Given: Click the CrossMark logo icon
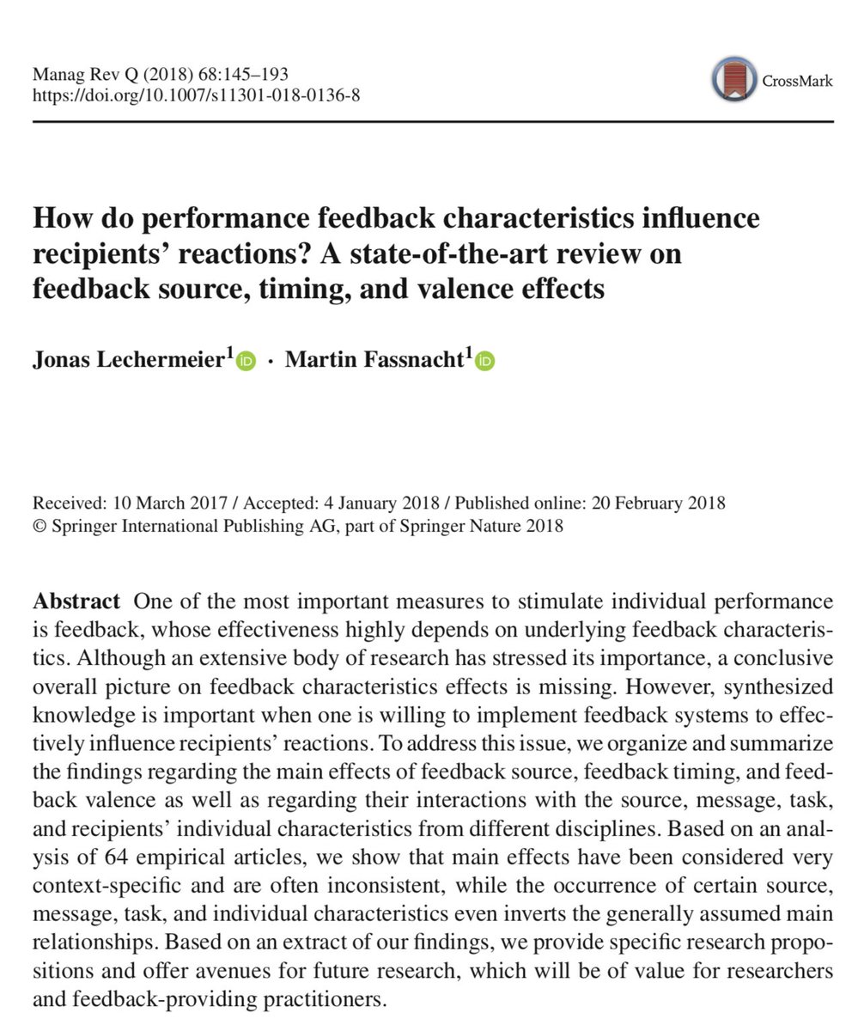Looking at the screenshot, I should point(734,82).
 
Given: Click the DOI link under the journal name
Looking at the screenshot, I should point(196,95).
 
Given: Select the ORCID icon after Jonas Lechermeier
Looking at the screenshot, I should point(246,362).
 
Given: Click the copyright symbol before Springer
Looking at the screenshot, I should point(39,526).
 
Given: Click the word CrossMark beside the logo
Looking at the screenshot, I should point(798,82).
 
